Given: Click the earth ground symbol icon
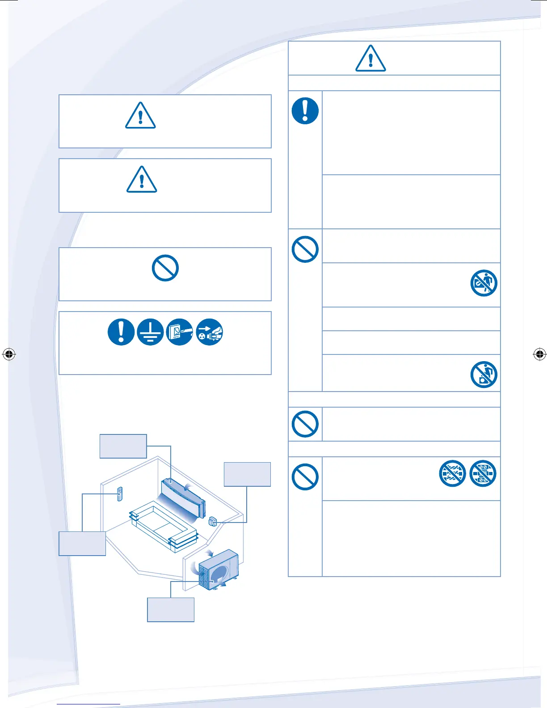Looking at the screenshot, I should (150, 332).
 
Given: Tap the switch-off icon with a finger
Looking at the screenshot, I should (180, 332).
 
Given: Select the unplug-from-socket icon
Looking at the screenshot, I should (209, 332).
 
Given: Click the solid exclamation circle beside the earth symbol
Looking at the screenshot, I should (121, 332).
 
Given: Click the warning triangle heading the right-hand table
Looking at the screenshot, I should (370, 59).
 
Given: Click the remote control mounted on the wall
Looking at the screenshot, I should (119, 494).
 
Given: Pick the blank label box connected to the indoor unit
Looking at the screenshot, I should (123, 446).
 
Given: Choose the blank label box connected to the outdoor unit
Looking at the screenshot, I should (171, 610).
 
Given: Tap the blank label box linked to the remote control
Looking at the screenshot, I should (82, 544).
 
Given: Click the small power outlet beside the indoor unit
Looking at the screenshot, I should (213, 521).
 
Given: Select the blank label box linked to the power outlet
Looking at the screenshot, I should (247, 474).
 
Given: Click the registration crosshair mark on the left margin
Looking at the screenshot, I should (8, 354).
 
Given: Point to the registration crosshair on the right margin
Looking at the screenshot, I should (539, 354).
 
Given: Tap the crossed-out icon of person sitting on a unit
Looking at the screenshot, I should (484, 375).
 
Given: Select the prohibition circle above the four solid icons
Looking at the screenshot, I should (165, 268).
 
